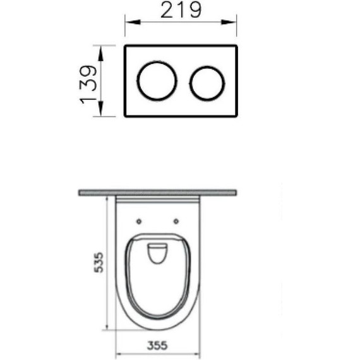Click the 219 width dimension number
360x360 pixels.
[x=180, y=10]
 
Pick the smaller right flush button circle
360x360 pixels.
[x=207, y=82]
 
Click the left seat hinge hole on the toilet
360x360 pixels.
[x=138, y=221]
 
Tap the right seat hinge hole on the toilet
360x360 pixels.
[x=176, y=221]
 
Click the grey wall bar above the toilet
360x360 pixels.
[x=158, y=193]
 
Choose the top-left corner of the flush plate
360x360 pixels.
[x=125, y=46]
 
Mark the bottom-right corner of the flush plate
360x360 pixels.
[x=236, y=116]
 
